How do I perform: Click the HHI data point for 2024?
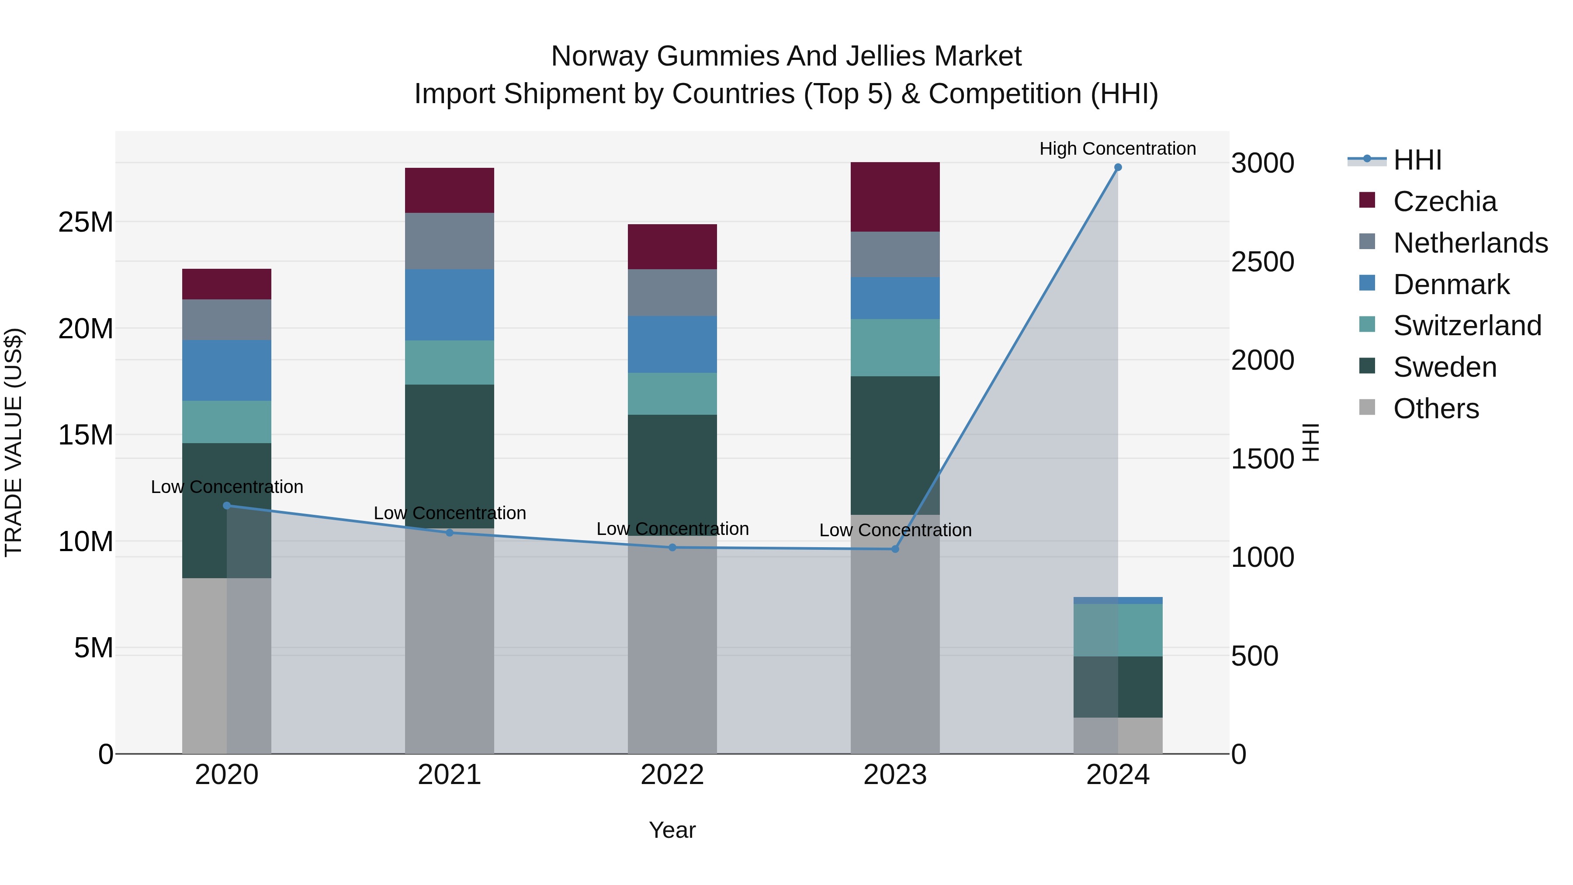click(x=1117, y=167)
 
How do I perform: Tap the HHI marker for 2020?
click(x=226, y=506)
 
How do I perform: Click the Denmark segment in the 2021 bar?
click(x=450, y=305)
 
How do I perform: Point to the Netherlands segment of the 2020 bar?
click(x=226, y=320)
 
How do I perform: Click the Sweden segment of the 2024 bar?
click(x=1117, y=687)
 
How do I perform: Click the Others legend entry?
click(x=1436, y=409)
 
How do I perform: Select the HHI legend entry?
click(x=1417, y=160)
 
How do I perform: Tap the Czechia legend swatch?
click(x=1367, y=200)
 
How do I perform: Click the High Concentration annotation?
click(x=1117, y=149)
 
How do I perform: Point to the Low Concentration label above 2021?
click(x=450, y=513)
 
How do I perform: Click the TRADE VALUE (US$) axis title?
click(x=14, y=442)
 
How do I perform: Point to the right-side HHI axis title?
click(x=1310, y=442)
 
